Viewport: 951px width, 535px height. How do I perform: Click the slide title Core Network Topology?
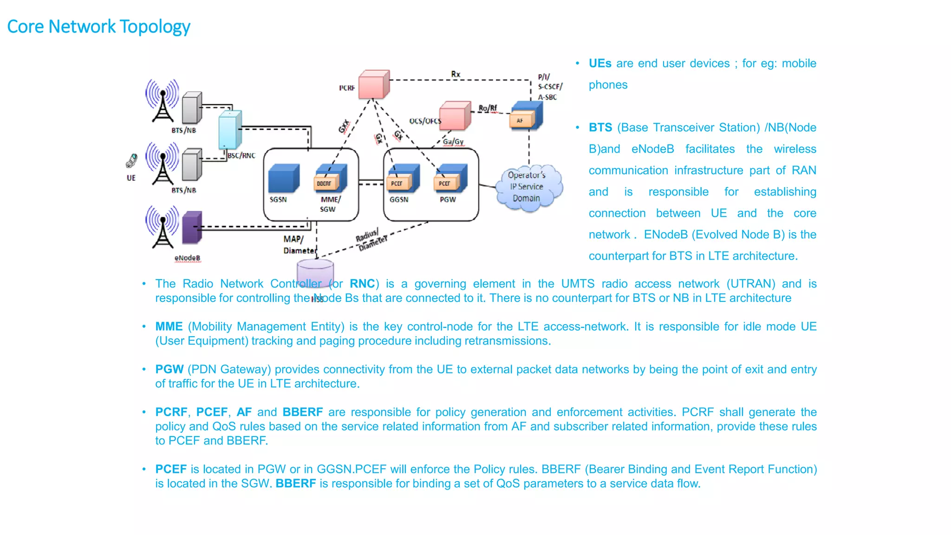coord(98,26)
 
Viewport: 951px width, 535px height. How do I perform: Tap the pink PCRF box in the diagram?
coord(373,85)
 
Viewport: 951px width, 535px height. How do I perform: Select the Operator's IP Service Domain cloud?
coord(527,187)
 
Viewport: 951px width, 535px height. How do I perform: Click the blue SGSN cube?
coord(283,179)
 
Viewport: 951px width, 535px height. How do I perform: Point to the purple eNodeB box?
coord(192,227)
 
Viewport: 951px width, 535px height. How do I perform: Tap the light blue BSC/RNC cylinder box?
coord(230,130)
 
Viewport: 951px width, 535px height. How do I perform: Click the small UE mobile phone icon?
coord(131,161)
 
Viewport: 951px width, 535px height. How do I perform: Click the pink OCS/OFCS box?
coord(454,116)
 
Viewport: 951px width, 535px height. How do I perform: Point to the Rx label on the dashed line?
coord(456,74)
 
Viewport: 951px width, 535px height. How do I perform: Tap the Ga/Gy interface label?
coord(453,142)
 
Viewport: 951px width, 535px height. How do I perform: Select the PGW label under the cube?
coord(448,200)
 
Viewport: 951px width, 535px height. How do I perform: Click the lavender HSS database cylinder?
coord(315,271)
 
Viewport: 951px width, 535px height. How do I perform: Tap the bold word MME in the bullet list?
coord(169,326)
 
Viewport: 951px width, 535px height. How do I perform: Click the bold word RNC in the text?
coord(362,284)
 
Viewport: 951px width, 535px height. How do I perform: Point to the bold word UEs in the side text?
coord(600,64)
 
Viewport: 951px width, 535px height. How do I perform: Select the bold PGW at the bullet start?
coord(169,369)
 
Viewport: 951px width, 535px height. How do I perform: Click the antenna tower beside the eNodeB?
coord(163,227)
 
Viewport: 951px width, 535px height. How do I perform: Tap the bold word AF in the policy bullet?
coord(244,412)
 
